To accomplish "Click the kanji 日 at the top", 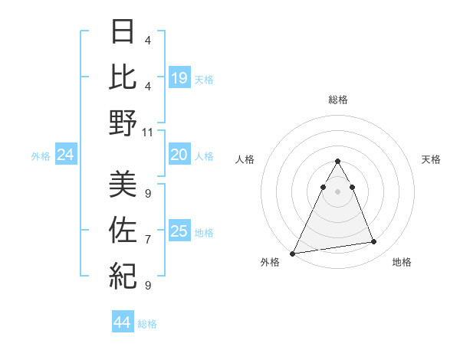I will click(x=123, y=32).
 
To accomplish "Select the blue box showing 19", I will click(x=179, y=77).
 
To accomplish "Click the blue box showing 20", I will click(x=179, y=155).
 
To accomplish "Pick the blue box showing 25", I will click(x=179, y=231).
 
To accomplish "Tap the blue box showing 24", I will click(x=65, y=155).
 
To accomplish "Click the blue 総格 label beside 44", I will click(x=147, y=324).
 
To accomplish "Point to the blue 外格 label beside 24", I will click(x=41, y=156).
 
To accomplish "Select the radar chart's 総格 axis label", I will click(x=337, y=100).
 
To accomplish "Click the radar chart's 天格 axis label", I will click(x=432, y=159).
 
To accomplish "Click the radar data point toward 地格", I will click(x=374, y=242).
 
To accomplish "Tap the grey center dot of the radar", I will click(x=337, y=191).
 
